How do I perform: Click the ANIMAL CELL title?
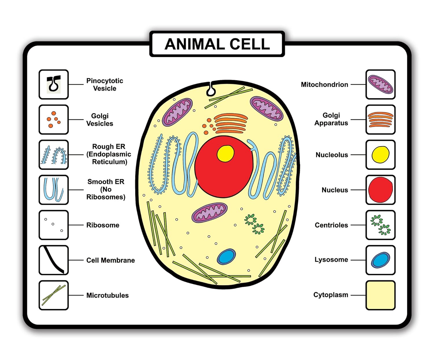(x=217, y=44)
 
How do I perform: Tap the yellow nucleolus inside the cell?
(x=226, y=153)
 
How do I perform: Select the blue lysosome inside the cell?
(x=226, y=256)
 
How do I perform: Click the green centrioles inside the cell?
(x=254, y=224)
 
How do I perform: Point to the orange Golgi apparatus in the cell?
(x=231, y=123)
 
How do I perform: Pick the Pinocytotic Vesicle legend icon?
(x=54, y=84)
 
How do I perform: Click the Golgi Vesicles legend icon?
(x=54, y=119)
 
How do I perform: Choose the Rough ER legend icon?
(x=54, y=155)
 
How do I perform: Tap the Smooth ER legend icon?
(x=54, y=190)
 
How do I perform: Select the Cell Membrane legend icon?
(x=54, y=260)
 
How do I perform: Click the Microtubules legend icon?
(x=54, y=295)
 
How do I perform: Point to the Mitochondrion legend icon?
(x=380, y=84)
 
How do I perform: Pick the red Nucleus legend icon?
(x=380, y=190)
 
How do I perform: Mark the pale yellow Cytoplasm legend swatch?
(x=380, y=295)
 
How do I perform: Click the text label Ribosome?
(x=103, y=225)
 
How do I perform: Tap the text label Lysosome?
(x=331, y=260)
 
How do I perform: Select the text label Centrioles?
(x=331, y=225)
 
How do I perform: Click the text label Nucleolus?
(x=332, y=155)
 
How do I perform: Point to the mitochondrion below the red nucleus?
(x=209, y=212)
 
